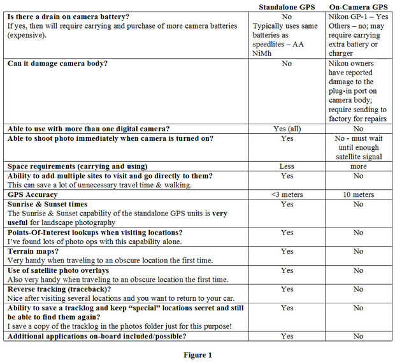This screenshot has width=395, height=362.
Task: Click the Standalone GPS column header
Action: (287, 6)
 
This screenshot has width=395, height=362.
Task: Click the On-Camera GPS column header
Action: (359, 6)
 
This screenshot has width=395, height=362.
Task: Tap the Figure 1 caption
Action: (198, 354)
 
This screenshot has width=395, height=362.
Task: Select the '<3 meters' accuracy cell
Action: (287, 194)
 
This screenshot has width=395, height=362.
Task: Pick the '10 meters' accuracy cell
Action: (359, 194)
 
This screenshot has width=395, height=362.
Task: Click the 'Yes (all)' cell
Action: (287, 128)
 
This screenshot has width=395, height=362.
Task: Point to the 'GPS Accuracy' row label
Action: (32, 194)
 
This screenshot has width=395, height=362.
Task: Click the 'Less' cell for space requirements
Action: (287, 166)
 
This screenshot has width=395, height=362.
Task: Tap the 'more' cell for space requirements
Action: (359, 166)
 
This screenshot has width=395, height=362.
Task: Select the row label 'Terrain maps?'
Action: (36, 251)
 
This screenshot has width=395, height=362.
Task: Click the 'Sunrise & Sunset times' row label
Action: (53, 204)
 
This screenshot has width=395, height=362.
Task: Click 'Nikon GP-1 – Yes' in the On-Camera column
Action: (359, 17)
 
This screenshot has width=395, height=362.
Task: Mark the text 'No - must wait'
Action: (359, 138)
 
